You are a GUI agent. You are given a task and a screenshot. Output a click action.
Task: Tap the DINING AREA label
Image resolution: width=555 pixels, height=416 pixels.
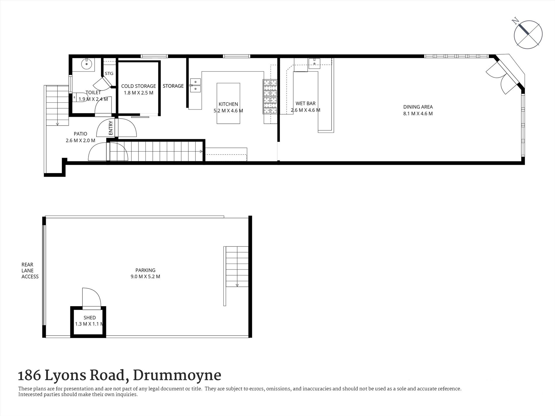click(418, 107)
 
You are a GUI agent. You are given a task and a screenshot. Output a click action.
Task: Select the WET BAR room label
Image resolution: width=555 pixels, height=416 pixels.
click(306, 103)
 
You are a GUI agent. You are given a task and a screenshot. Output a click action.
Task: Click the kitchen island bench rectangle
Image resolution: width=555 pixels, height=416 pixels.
click(228, 103)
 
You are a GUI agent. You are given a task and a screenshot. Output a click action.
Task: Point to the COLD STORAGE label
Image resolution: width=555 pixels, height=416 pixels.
click(138, 86)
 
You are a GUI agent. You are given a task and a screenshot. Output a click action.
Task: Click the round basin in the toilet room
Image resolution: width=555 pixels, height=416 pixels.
click(87, 63)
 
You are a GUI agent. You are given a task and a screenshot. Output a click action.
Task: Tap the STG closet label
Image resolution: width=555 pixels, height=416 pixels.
click(109, 74)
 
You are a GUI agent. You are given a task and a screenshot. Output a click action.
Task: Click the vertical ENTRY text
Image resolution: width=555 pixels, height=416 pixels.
click(111, 128)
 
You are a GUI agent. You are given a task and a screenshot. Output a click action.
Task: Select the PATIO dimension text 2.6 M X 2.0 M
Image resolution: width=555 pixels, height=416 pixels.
click(80, 140)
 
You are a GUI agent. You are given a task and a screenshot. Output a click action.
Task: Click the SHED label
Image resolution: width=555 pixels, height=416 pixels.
click(89, 318)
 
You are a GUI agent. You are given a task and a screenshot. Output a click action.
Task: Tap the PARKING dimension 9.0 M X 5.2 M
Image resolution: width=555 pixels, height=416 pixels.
click(145, 276)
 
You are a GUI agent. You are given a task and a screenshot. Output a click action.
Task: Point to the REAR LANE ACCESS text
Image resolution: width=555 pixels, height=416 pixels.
click(30, 271)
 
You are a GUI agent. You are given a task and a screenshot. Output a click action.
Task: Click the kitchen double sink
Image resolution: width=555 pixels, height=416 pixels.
click(195, 85)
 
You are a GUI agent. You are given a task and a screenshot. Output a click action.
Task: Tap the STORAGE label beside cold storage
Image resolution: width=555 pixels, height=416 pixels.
click(173, 86)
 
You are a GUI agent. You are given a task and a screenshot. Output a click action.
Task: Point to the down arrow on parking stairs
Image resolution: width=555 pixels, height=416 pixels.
click(237, 285)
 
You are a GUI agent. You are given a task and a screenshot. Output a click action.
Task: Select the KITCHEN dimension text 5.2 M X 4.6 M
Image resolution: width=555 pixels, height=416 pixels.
click(228, 111)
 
